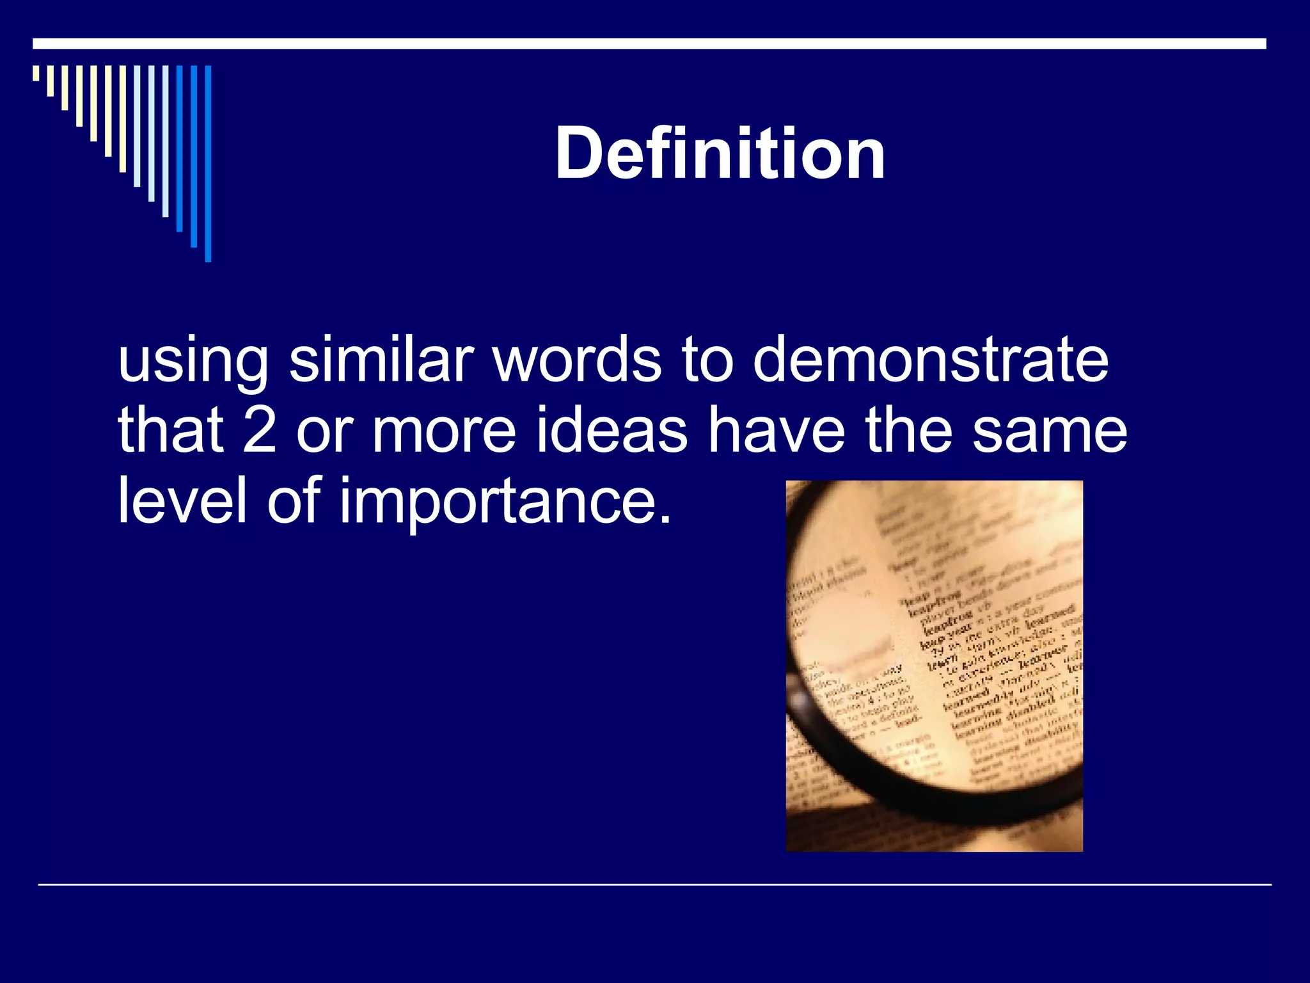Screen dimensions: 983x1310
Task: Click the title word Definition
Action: point(720,154)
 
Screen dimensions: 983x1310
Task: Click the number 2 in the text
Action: point(260,430)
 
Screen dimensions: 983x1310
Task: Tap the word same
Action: point(1049,430)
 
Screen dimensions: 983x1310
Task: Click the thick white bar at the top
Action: point(649,44)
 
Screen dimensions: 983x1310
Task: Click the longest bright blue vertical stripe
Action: point(208,163)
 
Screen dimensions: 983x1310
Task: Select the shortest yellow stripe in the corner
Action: point(36,73)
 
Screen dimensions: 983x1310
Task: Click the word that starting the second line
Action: point(170,430)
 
